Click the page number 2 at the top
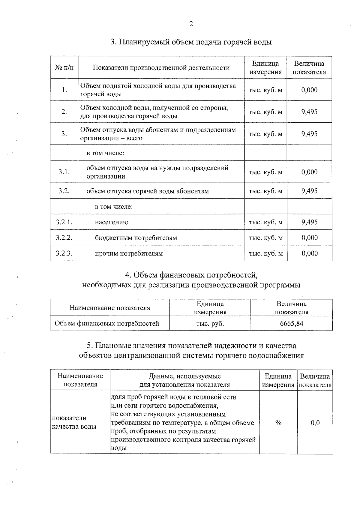tap(191, 24)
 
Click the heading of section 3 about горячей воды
tap(191, 42)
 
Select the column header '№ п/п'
tap(64, 68)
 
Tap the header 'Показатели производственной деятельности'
tap(161, 68)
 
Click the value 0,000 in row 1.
tap(309, 90)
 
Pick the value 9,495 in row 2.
tap(309, 112)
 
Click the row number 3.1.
tap(64, 172)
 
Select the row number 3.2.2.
tap(64, 238)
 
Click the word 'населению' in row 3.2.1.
tap(112, 222)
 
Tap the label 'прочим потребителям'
tap(129, 253)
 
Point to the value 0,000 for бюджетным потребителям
tap(309, 238)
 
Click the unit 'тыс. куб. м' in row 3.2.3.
tap(265, 253)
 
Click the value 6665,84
tap(291, 324)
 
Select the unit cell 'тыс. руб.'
tap(210, 324)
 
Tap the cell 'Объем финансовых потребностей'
tap(107, 324)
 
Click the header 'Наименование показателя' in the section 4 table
tap(110, 308)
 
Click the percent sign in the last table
tap(278, 423)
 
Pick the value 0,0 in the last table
tap(315, 423)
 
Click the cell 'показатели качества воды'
tap(74, 422)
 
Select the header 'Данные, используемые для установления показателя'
tap(185, 380)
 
